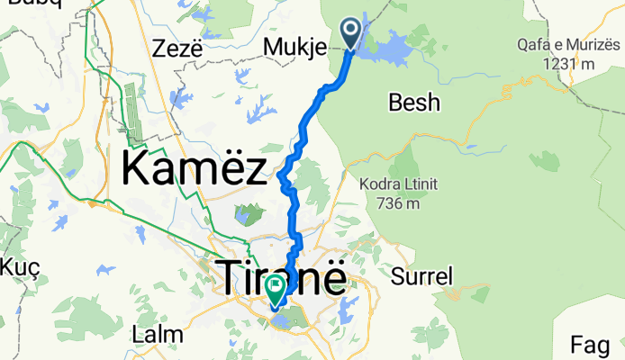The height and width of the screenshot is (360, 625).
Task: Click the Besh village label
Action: [414, 103]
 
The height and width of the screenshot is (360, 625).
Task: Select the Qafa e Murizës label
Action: [569, 44]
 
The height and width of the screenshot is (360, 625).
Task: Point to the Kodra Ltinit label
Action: [396, 185]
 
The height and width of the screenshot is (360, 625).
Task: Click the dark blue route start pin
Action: [350, 35]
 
